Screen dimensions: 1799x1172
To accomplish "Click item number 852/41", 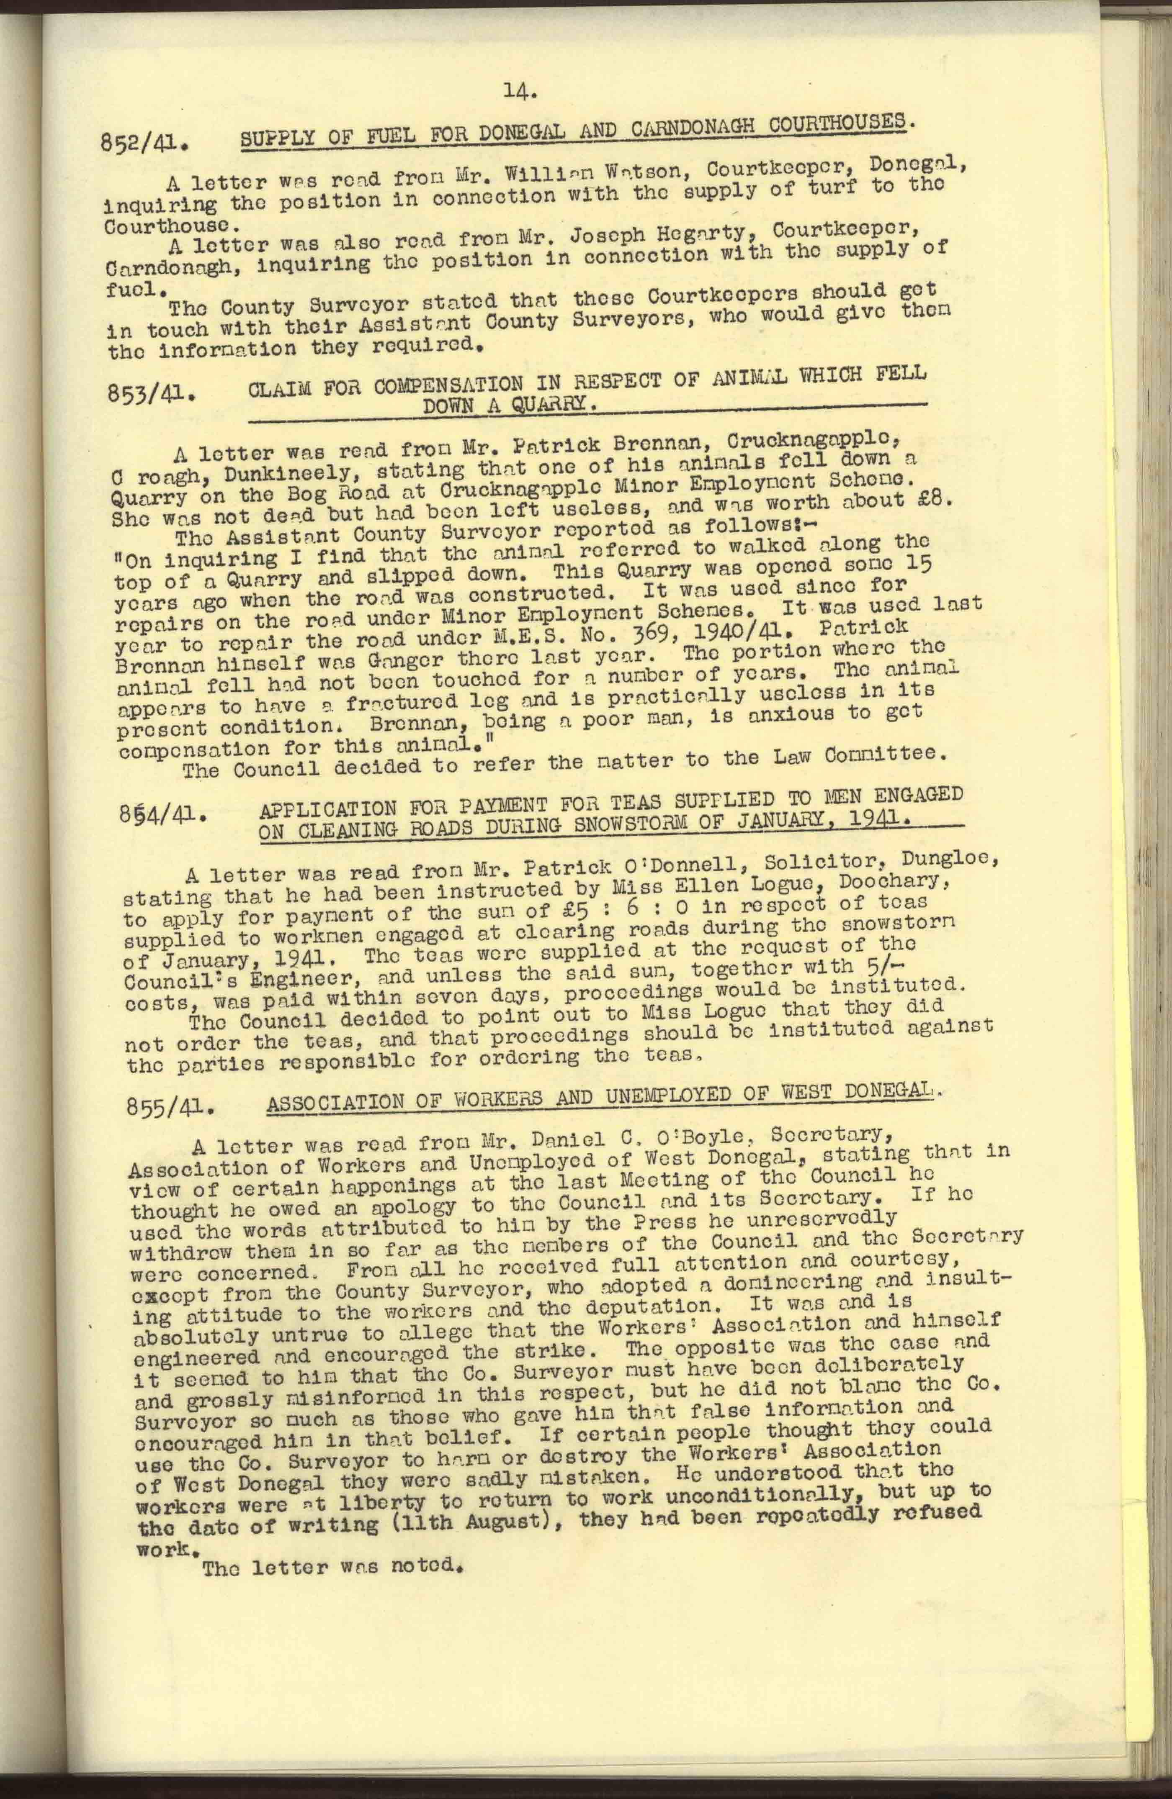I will pos(142,142).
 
